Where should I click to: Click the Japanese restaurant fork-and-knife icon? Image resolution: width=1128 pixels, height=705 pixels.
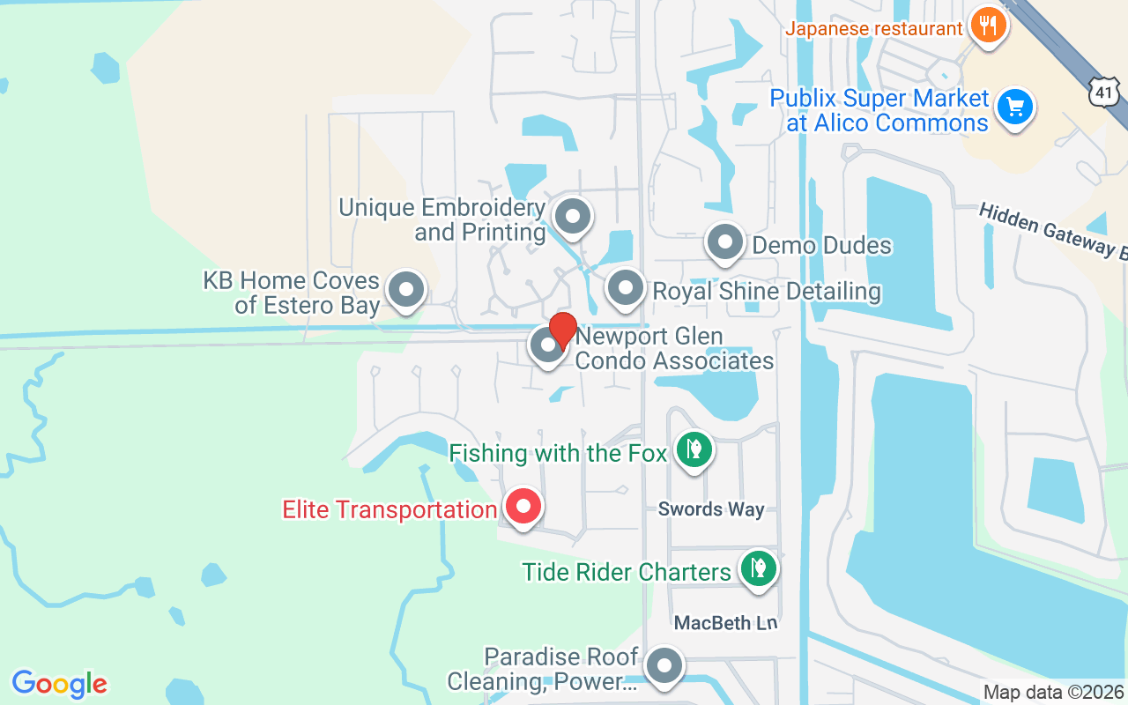(988, 25)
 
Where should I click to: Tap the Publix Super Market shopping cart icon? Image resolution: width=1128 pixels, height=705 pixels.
(1015, 108)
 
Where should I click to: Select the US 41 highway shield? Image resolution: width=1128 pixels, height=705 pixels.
(1104, 91)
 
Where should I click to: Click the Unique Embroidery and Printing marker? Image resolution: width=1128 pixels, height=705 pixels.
(573, 215)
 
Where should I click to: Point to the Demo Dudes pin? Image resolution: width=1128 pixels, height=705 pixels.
(725, 241)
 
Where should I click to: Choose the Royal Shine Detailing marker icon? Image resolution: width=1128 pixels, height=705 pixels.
(626, 287)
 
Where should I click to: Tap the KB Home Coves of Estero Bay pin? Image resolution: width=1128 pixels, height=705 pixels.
(406, 288)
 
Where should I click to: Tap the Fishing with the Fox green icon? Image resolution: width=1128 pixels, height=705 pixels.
(694, 449)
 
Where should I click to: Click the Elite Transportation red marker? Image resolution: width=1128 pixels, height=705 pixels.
(523, 507)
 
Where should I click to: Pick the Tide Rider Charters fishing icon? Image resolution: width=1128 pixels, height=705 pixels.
(757, 568)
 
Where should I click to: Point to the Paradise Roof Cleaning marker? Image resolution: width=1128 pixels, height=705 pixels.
(664, 666)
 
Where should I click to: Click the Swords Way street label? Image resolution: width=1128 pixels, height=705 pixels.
(711, 509)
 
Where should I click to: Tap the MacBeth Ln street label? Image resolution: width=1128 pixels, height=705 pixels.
(726, 623)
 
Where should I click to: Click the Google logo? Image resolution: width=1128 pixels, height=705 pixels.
(60, 684)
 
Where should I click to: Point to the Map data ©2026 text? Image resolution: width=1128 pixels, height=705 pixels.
(1054, 693)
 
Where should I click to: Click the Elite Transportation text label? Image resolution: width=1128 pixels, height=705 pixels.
(390, 509)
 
